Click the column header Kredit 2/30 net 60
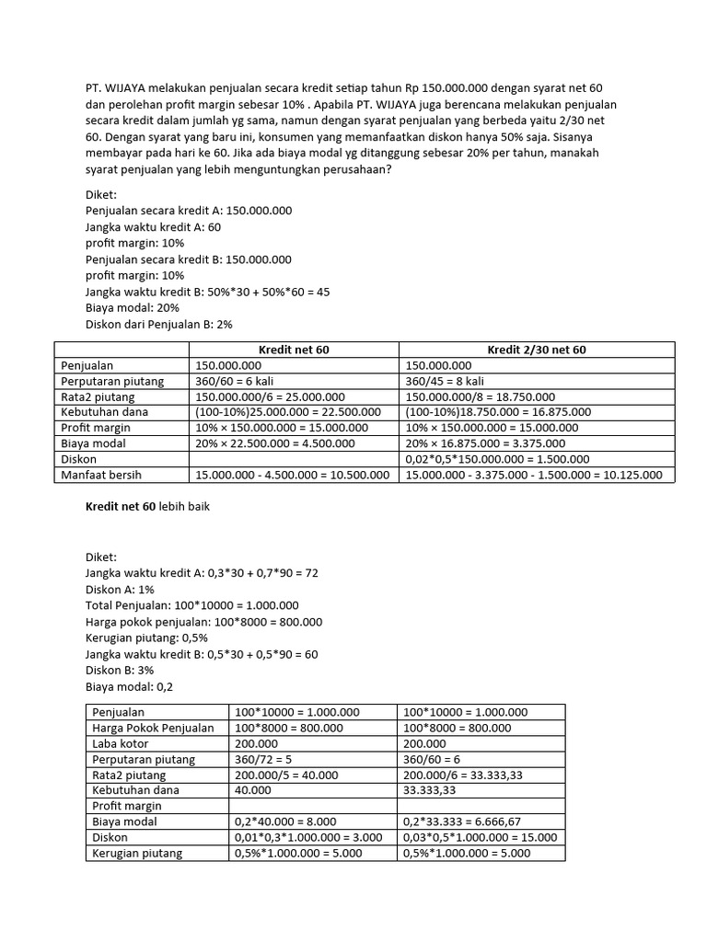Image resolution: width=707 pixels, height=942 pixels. (x=537, y=350)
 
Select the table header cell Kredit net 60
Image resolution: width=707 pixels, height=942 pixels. (x=294, y=350)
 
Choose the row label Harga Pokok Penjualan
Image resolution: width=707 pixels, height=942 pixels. (x=153, y=728)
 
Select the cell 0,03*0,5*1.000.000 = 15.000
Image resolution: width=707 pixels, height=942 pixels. (x=480, y=837)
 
